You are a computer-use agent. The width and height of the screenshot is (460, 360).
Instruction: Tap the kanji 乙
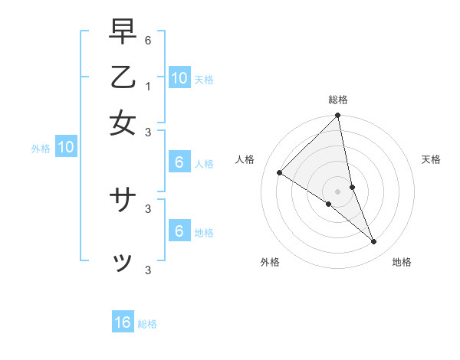click(x=123, y=78)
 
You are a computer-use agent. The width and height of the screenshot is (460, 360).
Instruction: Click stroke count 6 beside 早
click(x=148, y=39)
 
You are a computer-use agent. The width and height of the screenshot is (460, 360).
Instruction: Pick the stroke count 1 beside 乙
click(x=148, y=86)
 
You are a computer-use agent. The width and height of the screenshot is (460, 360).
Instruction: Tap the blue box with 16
click(x=123, y=322)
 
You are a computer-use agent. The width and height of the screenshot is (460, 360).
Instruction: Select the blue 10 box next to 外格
click(x=66, y=148)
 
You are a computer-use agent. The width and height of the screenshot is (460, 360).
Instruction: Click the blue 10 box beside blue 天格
click(x=179, y=78)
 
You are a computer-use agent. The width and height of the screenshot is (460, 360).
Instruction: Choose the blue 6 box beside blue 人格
click(x=179, y=162)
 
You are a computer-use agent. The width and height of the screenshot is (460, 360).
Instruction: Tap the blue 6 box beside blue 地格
click(x=179, y=231)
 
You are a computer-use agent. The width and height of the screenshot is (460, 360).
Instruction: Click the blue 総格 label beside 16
click(x=147, y=324)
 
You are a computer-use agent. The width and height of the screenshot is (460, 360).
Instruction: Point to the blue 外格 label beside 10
click(x=41, y=149)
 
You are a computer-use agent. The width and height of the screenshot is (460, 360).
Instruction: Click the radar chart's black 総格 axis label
click(x=338, y=100)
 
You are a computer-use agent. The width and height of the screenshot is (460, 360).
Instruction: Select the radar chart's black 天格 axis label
click(x=431, y=159)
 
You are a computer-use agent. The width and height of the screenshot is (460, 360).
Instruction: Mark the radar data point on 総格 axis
click(x=338, y=116)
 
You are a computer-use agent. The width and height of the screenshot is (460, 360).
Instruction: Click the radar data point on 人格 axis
click(x=280, y=173)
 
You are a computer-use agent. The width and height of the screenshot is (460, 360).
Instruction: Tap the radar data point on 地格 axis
click(x=374, y=241)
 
